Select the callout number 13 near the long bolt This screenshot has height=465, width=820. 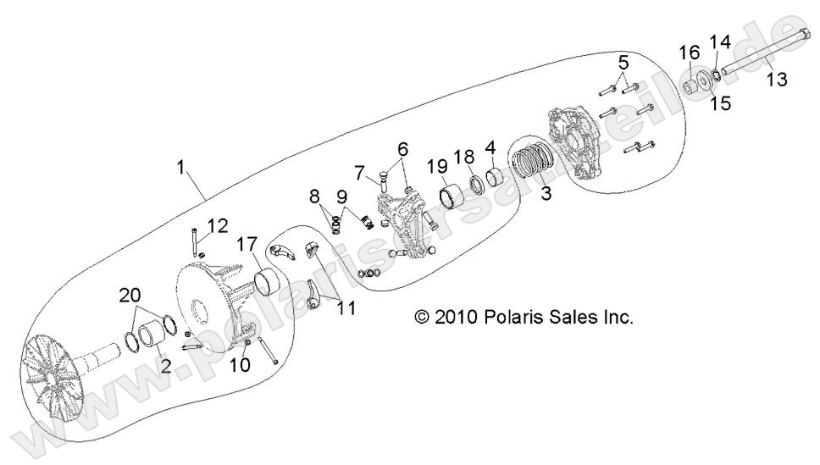(776, 80)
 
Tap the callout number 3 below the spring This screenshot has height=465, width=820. (546, 193)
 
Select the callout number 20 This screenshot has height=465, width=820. (130, 296)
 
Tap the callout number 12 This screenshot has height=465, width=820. (218, 225)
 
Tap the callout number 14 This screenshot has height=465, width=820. (719, 42)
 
